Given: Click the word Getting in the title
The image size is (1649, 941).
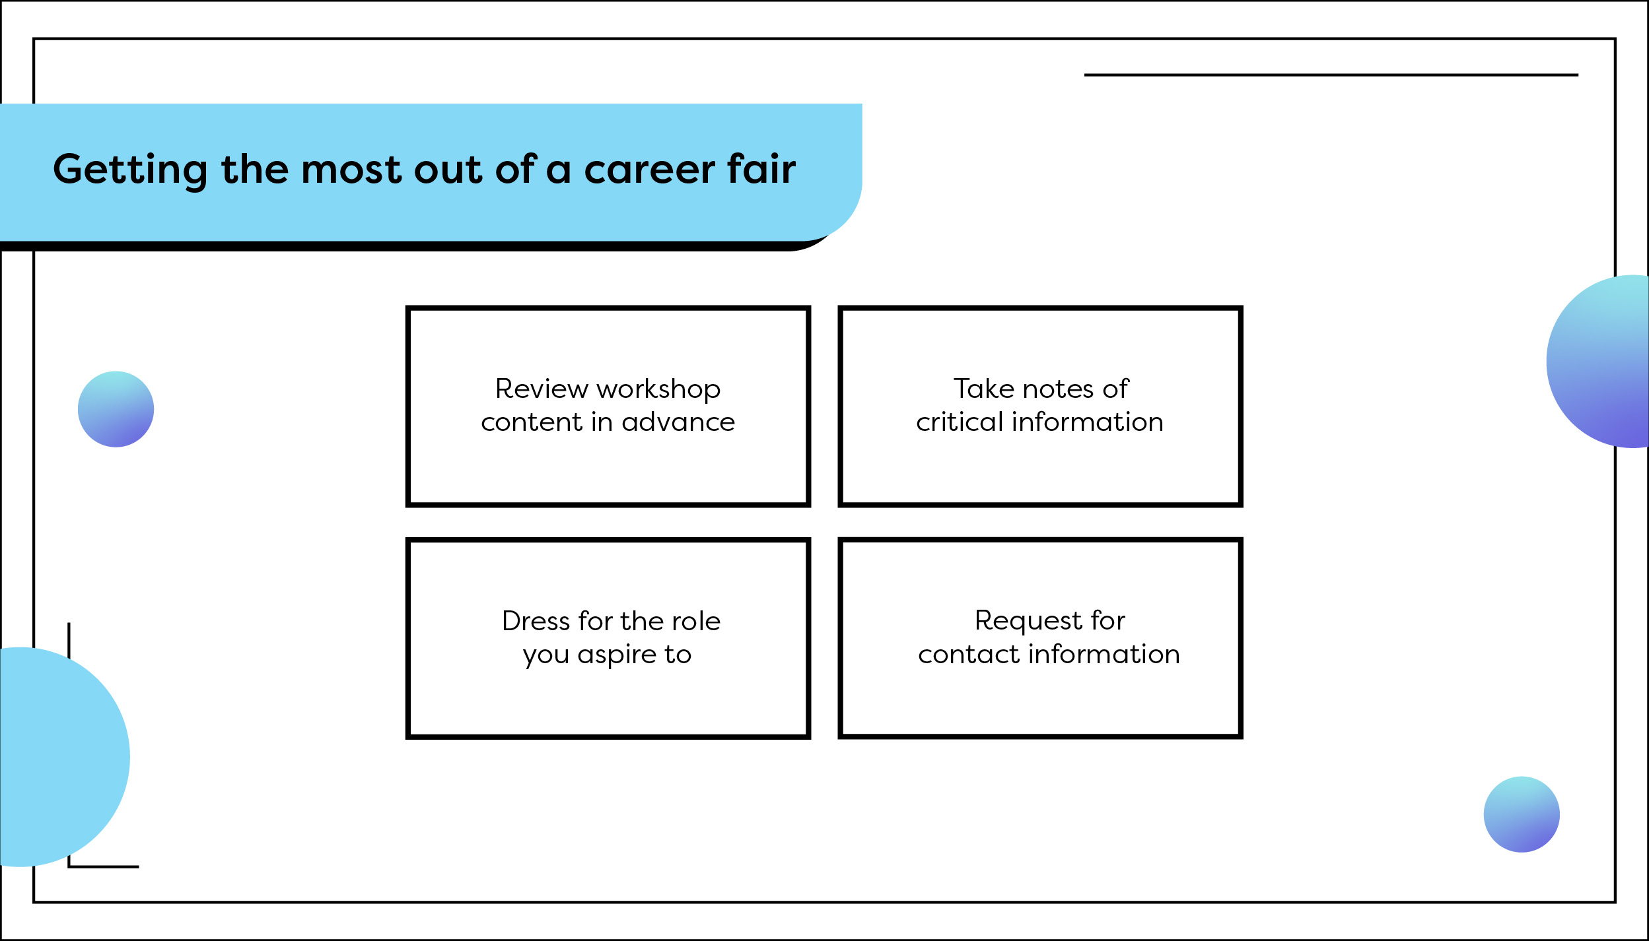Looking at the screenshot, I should point(130,170).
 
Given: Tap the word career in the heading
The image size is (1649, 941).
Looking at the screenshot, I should point(649,170).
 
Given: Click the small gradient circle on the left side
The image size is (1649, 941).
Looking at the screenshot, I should point(116,409).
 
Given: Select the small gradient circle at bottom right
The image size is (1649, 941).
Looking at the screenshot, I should point(1522,814).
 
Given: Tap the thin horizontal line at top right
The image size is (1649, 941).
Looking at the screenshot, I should point(1331,75).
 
